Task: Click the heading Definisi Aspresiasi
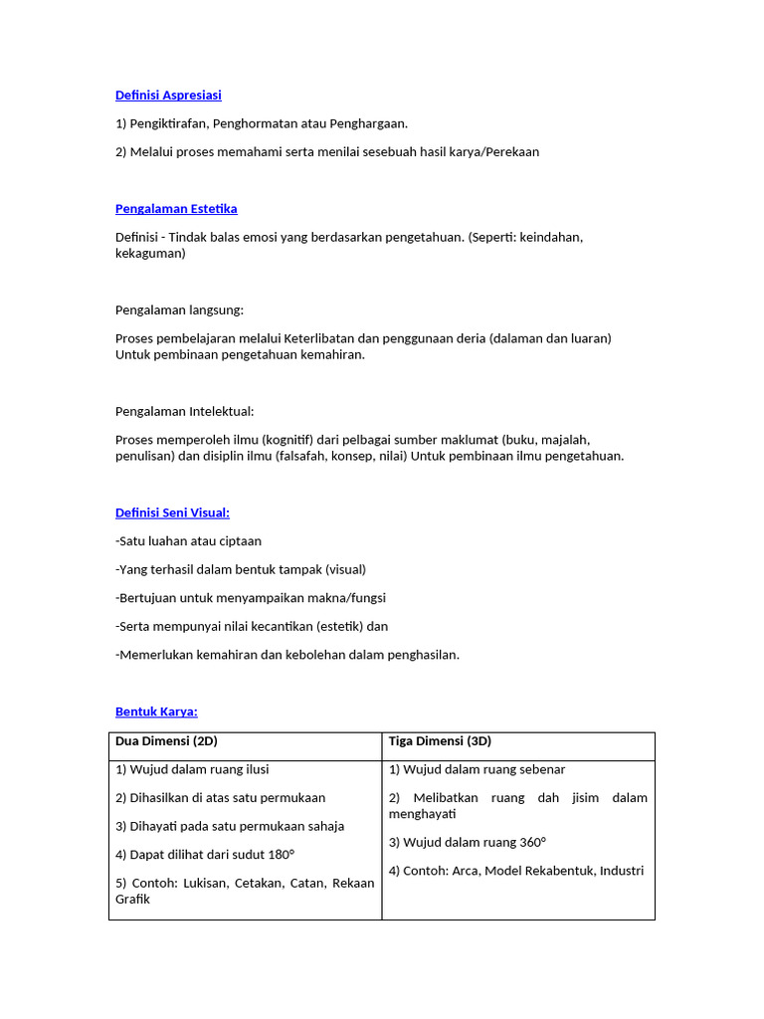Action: coord(168,96)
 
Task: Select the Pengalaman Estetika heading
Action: coord(176,209)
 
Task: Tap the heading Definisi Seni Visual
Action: coord(172,512)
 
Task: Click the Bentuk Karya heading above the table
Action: coord(156,712)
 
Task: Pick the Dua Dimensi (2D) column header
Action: coord(166,741)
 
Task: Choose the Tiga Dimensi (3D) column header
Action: coord(440,741)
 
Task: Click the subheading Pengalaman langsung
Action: coord(179,310)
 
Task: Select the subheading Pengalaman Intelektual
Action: coord(184,411)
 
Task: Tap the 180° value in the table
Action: coord(282,854)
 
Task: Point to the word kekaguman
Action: coord(150,254)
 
